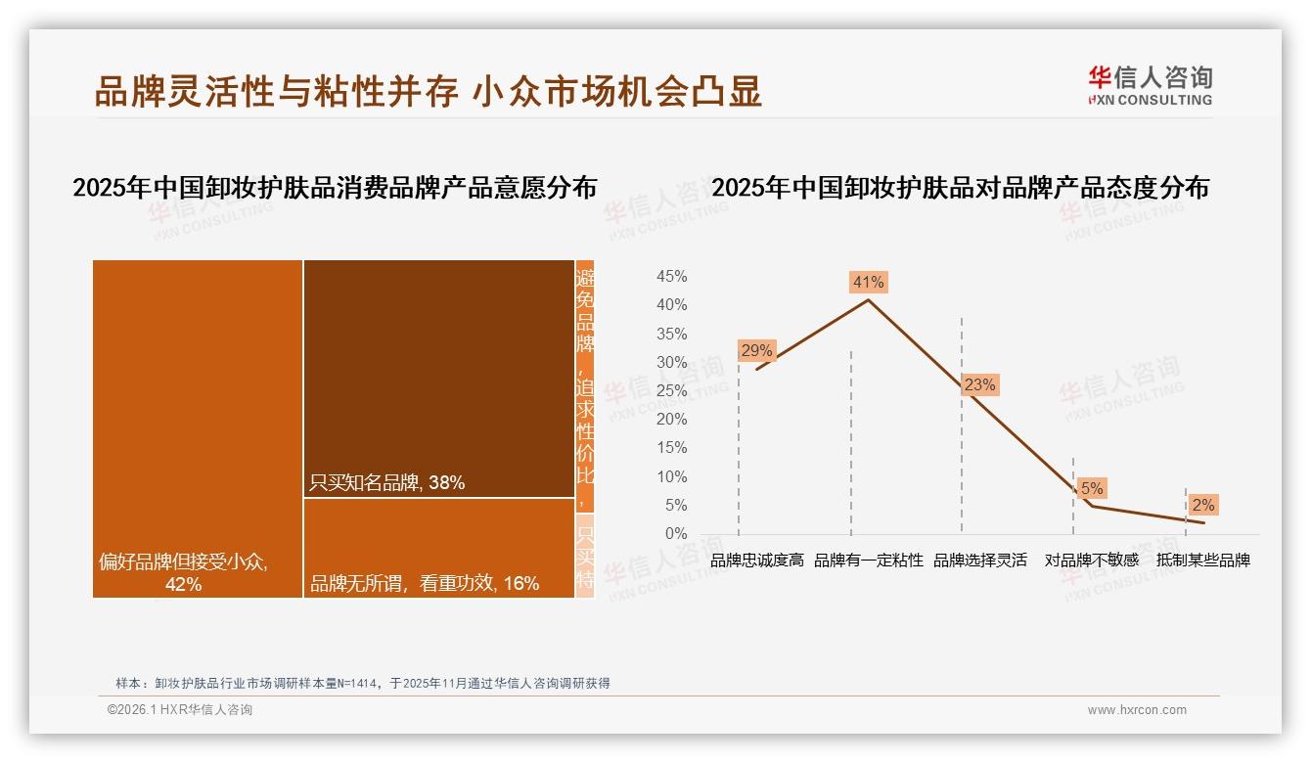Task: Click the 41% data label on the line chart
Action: pos(869,283)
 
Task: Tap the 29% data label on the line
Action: pos(756,350)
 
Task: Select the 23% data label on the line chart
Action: pos(979,385)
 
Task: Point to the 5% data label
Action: pos(1092,488)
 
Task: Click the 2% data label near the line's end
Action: pos(1202,506)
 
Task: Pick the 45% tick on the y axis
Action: pos(671,277)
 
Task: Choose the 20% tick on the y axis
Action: pos(671,420)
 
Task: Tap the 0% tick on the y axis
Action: pos(676,534)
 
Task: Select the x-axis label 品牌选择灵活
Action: pos(980,561)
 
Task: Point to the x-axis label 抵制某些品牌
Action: pos(1203,561)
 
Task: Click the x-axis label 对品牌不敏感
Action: pos(1092,561)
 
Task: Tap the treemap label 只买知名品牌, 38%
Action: pos(386,482)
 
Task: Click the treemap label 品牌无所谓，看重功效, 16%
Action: pos(425,584)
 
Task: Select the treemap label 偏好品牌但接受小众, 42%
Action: pos(184,573)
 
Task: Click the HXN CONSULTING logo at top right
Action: pos(1150,85)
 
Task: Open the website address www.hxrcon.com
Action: pos(1137,710)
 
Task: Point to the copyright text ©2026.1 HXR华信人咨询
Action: pos(180,710)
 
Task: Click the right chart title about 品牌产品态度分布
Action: pos(960,188)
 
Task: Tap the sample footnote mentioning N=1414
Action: pos(363,684)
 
